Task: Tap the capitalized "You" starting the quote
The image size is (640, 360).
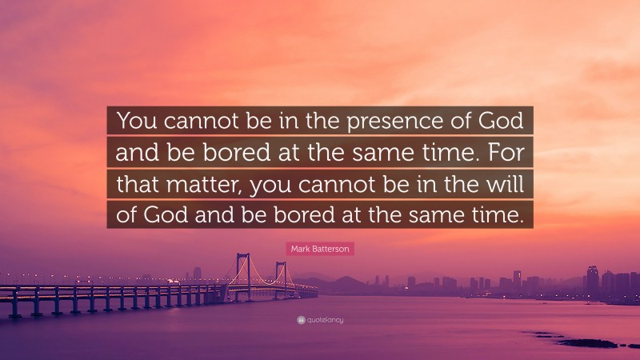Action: coord(137,122)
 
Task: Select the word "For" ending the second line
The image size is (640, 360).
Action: coord(506,153)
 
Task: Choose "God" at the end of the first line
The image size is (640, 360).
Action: coord(502,122)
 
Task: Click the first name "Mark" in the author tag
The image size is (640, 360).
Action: coord(299,250)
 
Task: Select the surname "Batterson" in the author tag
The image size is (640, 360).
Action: coord(330,250)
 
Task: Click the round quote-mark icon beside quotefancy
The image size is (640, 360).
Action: coord(301,321)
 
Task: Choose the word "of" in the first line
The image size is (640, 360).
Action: coord(457,122)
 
